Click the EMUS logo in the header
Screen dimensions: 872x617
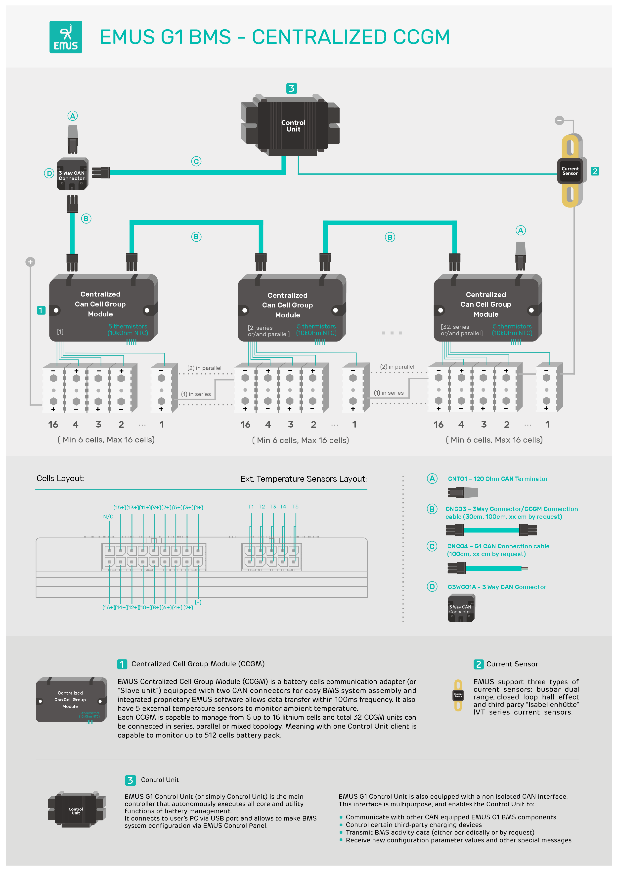[66, 37]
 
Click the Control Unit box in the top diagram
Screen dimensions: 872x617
[293, 126]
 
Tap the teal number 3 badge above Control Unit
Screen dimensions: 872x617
[291, 88]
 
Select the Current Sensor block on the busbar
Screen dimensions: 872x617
[570, 171]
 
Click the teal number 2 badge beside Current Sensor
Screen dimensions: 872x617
[595, 171]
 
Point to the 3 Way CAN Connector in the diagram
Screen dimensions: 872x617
[72, 175]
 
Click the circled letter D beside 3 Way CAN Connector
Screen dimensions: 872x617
[49, 174]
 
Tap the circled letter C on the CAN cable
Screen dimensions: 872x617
[196, 161]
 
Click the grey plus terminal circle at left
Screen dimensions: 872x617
[30, 262]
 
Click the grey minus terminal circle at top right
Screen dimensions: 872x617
[559, 120]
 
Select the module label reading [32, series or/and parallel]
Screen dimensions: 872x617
[461, 330]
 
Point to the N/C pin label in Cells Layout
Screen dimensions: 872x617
[108, 517]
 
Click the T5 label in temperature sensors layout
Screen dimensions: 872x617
[295, 507]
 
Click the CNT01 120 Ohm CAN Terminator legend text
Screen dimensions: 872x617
[498, 479]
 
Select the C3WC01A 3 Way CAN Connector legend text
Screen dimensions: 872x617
[497, 587]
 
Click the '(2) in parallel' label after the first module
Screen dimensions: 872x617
[204, 368]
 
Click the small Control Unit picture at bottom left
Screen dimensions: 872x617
[76, 810]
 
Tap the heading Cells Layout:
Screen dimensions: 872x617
[60, 479]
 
